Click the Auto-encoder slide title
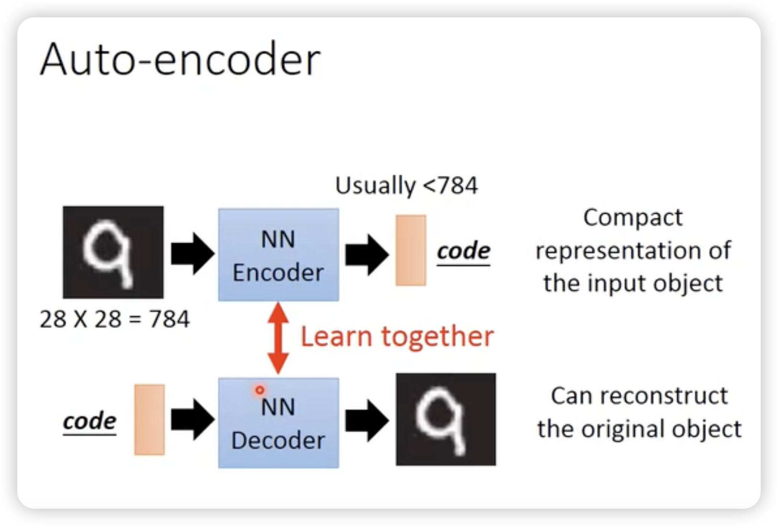pyautogui.click(x=180, y=59)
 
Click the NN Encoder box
pyautogui.click(x=278, y=255)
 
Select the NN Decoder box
pyautogui.click(x=278, y=423)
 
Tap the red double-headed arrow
pyautogui.click(x=278, y=338)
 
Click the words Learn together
pyautogui.click(x=397, y=337)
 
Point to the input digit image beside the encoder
pyautogui.click(x=113, y=252)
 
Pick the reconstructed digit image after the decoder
pyautogui.click(x=446, y=419)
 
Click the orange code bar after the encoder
pyautogui.click(x=411, y=250)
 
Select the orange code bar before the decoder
pyautogui.click(x=149, y=419)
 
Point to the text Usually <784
pyautogui.click(x=406, y=185)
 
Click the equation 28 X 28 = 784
pyautogui.click(x=114, y=319)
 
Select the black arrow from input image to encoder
pyautogui.click(x=193, y=253)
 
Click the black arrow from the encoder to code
pyautogui.click(x=367, y=255)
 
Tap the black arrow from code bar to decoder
pyautogui.click(x=193, y=419)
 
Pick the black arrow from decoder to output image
pyautogui.click(x=367, y=421)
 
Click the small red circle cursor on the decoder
pyautogui.click(x=260, y=390)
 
